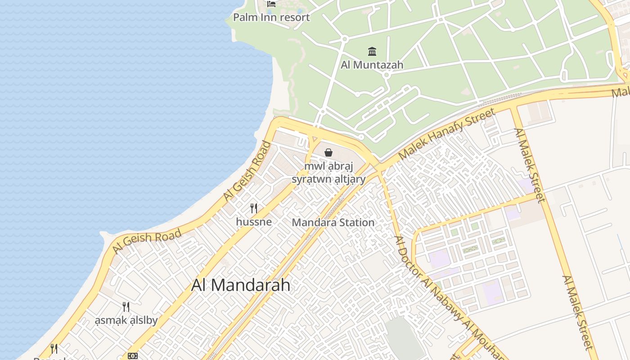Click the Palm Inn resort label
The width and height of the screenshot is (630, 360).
[x=271, y=18]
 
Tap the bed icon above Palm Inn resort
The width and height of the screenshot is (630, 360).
[x=271, y=4]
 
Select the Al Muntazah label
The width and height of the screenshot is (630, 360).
[x=372, y=65]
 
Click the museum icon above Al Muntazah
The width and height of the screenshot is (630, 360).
[x=372, y=51]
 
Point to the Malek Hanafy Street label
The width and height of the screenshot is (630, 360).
[x=447, y=133]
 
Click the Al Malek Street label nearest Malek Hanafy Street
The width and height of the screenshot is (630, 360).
[x=529, y=165]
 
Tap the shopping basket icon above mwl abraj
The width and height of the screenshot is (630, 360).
[x=328, y=153]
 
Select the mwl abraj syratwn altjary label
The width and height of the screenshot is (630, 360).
[x=329, y=173]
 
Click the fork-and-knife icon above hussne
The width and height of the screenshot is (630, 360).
[x=254, y=208]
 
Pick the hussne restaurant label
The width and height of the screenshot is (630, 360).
[x=254, y=222]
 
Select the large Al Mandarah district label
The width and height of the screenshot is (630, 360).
[x=241, y=285]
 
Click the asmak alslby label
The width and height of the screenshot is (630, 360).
[x=126, y=320]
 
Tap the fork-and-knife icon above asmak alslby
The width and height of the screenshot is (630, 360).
[x=126, y=307]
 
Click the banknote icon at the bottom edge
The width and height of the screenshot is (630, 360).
[x=133, y=355]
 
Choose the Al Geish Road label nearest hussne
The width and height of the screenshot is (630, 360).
[x=248, y=171]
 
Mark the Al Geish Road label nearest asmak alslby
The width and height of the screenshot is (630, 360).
[x=147, y=241]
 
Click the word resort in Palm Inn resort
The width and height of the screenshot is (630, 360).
[x=294, y=18]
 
